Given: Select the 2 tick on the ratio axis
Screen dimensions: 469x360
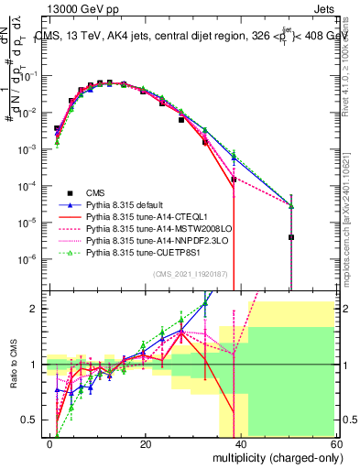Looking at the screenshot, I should tap(37, 309).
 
